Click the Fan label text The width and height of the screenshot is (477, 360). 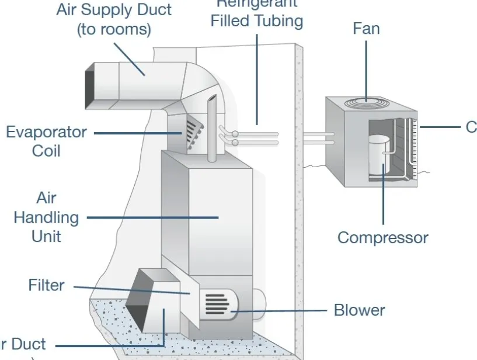[366, 28]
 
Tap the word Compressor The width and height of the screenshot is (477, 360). [382, 238]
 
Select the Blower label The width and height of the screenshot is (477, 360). [359, 309]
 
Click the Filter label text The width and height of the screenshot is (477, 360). [46, 285]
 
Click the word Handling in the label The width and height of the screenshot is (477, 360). [46, 217]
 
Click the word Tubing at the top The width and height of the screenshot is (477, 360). [278, 22]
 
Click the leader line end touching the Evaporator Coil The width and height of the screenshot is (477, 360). [182, 133]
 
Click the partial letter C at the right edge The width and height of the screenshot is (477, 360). [471, 127]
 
